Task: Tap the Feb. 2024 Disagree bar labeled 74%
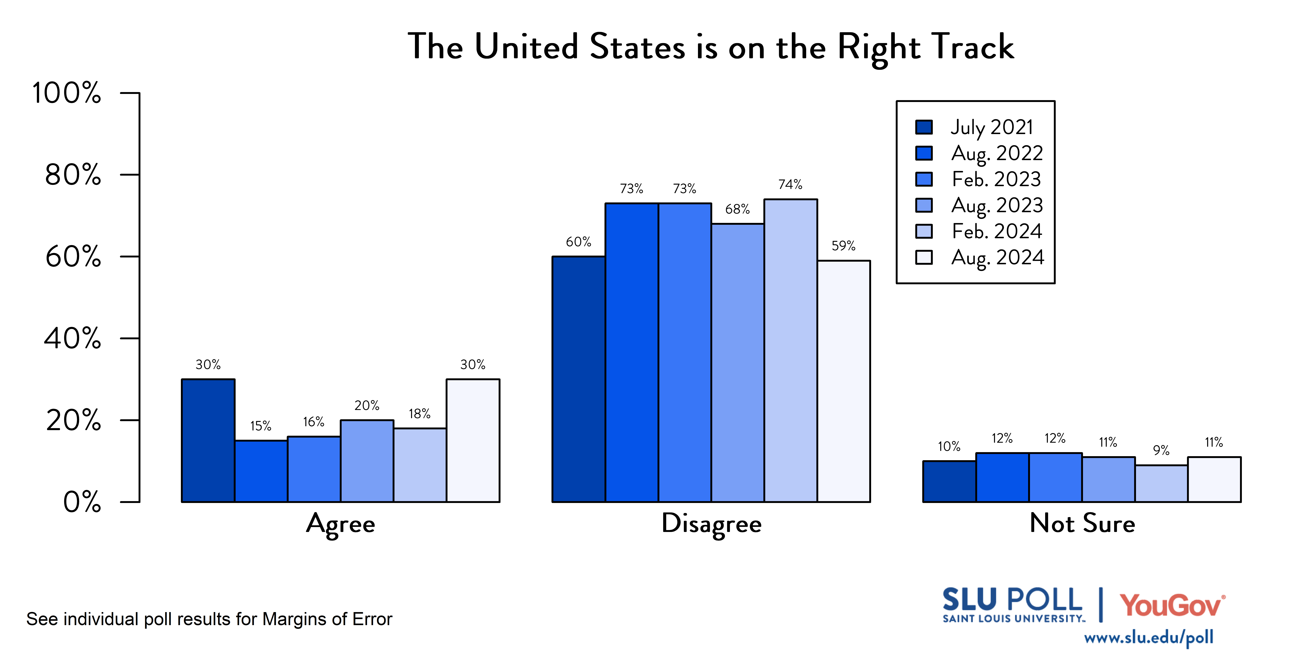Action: click(x=790, y=350)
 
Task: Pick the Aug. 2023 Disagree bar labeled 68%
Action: click(x=737, y=362)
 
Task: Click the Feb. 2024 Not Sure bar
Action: click(x=1161, y=483)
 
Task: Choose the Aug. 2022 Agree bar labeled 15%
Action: click(x=261, y=471)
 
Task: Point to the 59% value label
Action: click(x=844, y=246)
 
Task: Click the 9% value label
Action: click(x=1161, y=450)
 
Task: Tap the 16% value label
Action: click(x=313, y=422)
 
